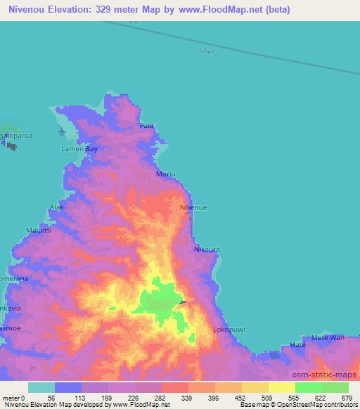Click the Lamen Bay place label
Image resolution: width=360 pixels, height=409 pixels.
[81, 150]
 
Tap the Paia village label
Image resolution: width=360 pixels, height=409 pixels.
[146, 126]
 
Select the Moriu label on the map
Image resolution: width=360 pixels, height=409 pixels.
[165, 172]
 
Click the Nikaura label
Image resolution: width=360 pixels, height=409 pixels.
[207, 249]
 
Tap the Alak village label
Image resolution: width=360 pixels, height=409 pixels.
[56, 207]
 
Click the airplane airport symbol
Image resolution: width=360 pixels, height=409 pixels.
[63, 131]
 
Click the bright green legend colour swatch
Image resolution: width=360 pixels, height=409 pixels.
[309, 387]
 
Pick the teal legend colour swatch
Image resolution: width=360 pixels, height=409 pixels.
[41, 387]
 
